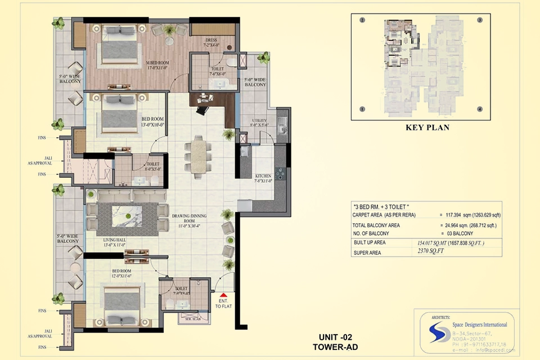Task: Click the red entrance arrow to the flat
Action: pos(224,295)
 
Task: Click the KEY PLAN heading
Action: pos(427,128)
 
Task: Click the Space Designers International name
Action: pos(480,325)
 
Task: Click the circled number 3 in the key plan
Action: pos(480,20)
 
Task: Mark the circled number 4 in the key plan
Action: pos(480,109)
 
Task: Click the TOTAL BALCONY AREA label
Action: pos(376,225)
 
